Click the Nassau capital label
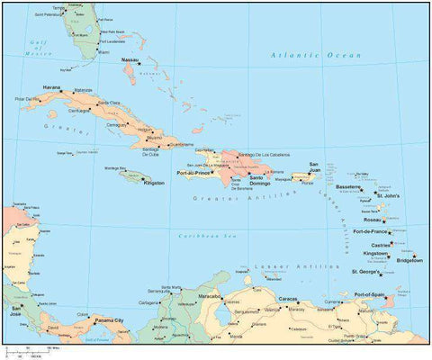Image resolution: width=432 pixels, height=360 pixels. pyautogui.click(x=130, y=59)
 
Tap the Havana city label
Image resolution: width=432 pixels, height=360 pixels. pyautogui.click(x=51, y=87)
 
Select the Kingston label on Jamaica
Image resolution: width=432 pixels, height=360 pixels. pyautogui.click(x=154, y=183)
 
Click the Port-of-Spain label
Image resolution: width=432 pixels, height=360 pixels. pyautogui.click(x=370, y=294)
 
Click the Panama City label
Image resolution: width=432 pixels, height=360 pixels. pyautogui.click(x=110, y=319)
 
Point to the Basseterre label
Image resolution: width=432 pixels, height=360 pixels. pyautogui.click(x=348, y=188)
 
